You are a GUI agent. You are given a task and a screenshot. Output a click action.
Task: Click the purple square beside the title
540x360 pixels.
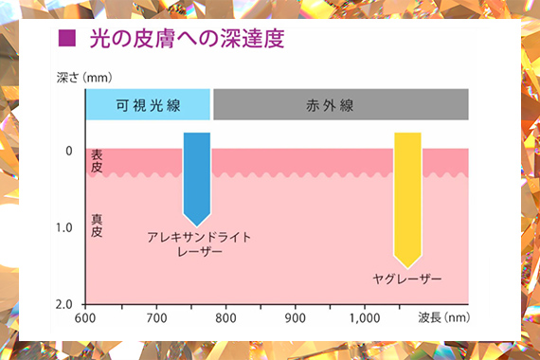click(x=67, y=38)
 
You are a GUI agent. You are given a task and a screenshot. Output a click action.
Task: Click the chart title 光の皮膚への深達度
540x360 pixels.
click(x=187, y=38)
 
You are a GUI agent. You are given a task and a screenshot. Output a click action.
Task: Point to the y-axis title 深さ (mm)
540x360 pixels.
click(x=84, y=78)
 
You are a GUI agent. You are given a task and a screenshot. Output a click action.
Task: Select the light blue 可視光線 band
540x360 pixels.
click(x=148, y=105)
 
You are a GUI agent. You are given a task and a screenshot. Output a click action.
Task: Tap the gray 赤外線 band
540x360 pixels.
click(x=341, y=105)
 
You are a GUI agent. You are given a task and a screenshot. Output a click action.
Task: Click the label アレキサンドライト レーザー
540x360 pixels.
click(x=199, y=244)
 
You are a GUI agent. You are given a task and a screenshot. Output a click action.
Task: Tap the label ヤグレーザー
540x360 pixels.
click(x=407, y=279)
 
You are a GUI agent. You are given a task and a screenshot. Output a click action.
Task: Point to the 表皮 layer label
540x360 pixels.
click(x=97, y=161)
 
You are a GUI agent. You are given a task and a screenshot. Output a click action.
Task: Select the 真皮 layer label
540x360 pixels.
click(x=97, y=225)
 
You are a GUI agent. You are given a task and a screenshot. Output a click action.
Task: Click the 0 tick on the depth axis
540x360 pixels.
click(x=69, y=151)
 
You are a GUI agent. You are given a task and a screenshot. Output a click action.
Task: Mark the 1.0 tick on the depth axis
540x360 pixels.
click(x=64, y=227)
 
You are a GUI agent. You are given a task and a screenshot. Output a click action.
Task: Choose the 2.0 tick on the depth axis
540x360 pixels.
click(x=64, y=304)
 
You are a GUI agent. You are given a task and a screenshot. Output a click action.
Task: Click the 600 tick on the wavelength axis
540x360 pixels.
click(x=85, y=318)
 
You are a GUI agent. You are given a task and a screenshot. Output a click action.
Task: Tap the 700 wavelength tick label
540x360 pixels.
click(x=156, y=318)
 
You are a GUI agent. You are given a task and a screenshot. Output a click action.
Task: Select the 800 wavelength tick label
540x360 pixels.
click(x=225, y=318)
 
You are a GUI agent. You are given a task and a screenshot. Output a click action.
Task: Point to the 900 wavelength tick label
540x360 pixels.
click(x=296, y=318)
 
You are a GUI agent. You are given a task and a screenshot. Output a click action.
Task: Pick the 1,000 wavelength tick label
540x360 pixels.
click(x=365, y=318)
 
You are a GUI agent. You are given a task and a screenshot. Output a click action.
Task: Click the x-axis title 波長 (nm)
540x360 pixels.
click(x=444, y=317)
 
